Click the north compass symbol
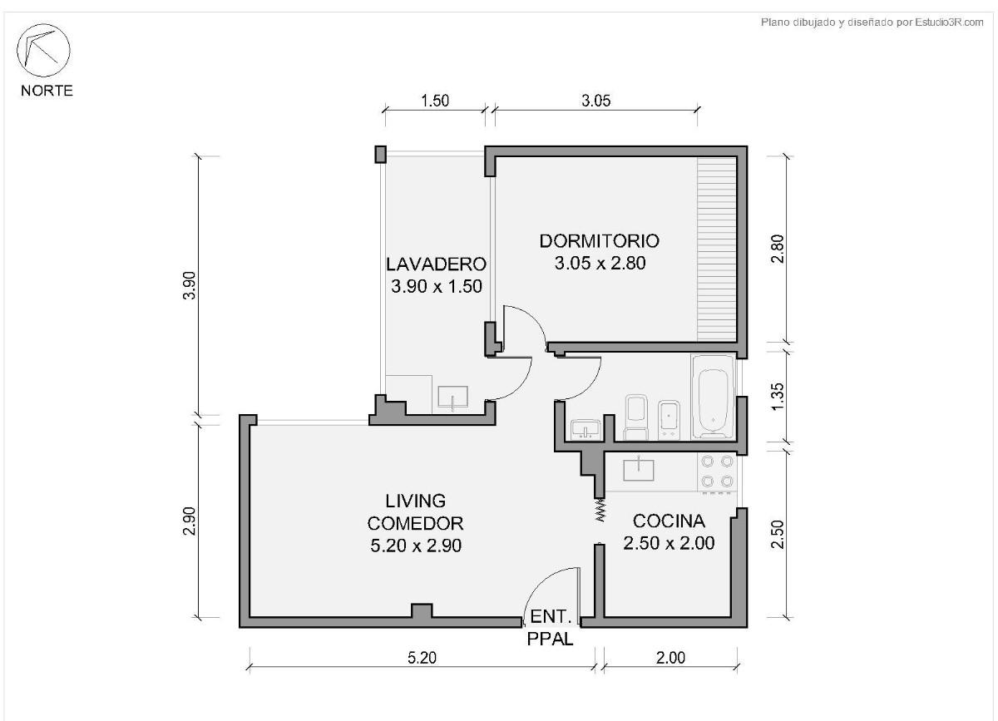(43, 51)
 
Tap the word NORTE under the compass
(47, 91)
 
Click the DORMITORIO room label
(600, 241)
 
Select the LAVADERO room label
(436, 264)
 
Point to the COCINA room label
(669, 521)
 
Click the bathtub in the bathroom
(713, 396)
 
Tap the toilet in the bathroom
(635, 417)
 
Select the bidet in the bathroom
(669, 419)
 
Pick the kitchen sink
(639, 469)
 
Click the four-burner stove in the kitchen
(717, 472)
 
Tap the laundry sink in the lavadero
(452, 397)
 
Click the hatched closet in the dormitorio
(716, 249)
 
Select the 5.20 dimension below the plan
(422, 658)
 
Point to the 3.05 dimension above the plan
(595, 101)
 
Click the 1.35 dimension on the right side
(777, 397)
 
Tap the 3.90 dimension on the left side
(190, 285)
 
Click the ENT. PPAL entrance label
(551, 628)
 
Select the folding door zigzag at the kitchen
(600, 510)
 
